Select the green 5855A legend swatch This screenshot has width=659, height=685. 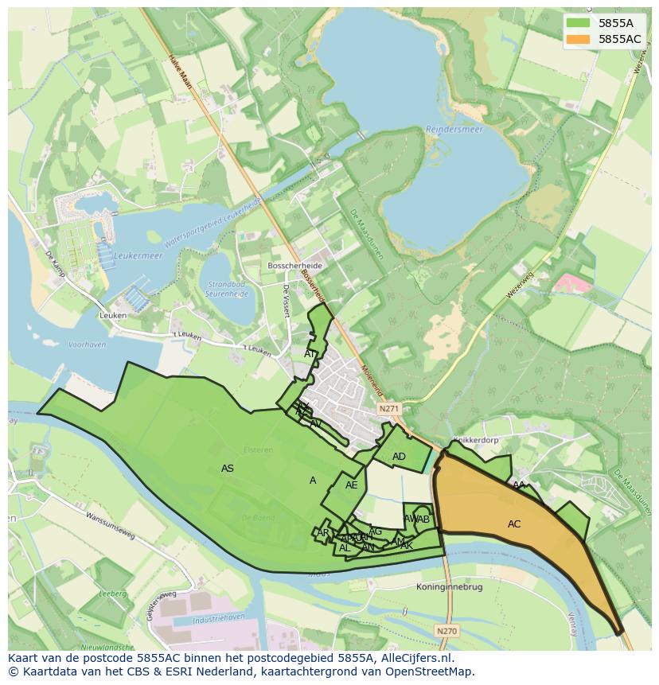click(579, 23)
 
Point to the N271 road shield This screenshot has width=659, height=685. click(388, 408)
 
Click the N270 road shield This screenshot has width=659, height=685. click(446, 630)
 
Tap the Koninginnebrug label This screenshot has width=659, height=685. click(449, 587)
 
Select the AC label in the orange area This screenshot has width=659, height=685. click(514, 524)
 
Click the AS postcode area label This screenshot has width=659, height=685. click(228, 469)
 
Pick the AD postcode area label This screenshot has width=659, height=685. click(399, 457)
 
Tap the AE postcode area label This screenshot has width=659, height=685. click(351, 485)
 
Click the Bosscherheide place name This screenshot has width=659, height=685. click(294, 265)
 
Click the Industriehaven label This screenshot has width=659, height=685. click(198, 619)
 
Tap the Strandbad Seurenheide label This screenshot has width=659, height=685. click(228, 288)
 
